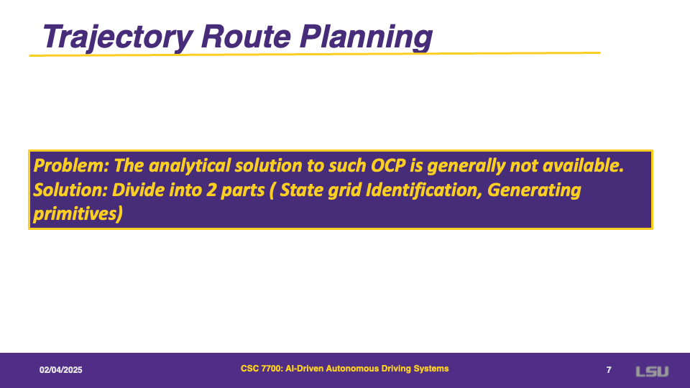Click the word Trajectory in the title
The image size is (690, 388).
click(x=117, y=37)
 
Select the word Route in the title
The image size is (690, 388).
click(x=246, y=36)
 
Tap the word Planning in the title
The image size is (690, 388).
click(x=366, y=37)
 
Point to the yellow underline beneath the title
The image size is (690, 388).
click(x=315, y=54)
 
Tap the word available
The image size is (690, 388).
click(x=583, y=166)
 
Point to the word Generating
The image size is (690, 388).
click(x=534, y=190)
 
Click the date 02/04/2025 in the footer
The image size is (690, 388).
click(x=60, y=370)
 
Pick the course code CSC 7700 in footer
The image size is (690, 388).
click(x=261, y=369)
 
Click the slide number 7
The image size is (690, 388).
click(x=609, y=370)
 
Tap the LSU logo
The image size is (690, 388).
click(x=652, y=371)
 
